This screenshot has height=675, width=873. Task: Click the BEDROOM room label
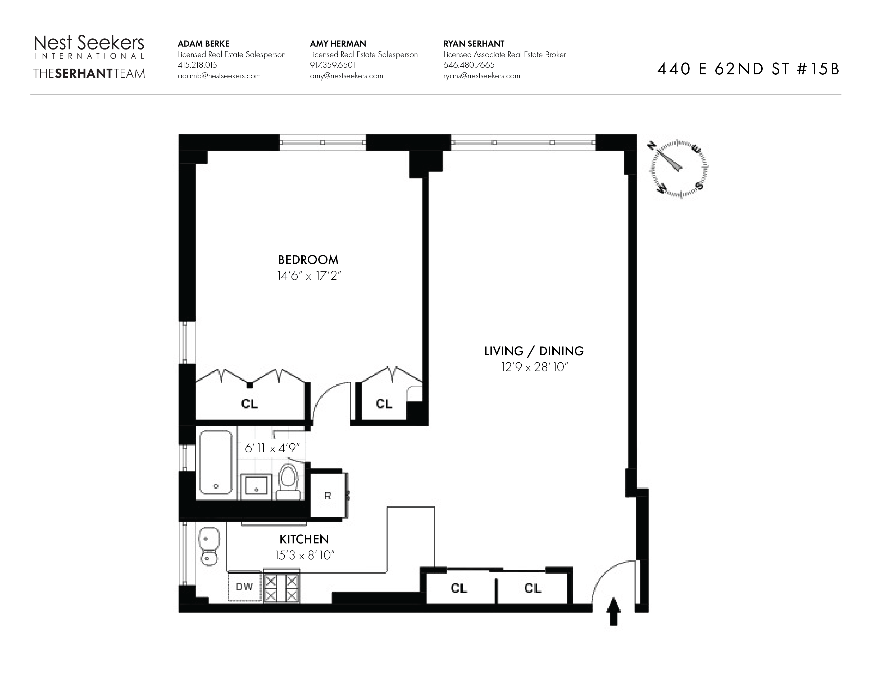pos(308,260)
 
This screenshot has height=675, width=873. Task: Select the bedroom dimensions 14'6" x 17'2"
pos(308,276)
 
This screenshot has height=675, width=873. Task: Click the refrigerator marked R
pos(328,496)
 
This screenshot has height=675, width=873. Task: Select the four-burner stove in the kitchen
pos(281,588)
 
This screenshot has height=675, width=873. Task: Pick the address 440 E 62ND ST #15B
pos(748,69)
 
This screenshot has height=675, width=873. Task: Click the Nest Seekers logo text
pos(89,43)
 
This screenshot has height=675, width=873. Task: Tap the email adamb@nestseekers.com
pos(219,76)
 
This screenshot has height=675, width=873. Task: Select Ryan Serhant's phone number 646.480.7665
pos(469,65)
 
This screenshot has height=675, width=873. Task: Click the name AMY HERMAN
pos(338,44)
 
